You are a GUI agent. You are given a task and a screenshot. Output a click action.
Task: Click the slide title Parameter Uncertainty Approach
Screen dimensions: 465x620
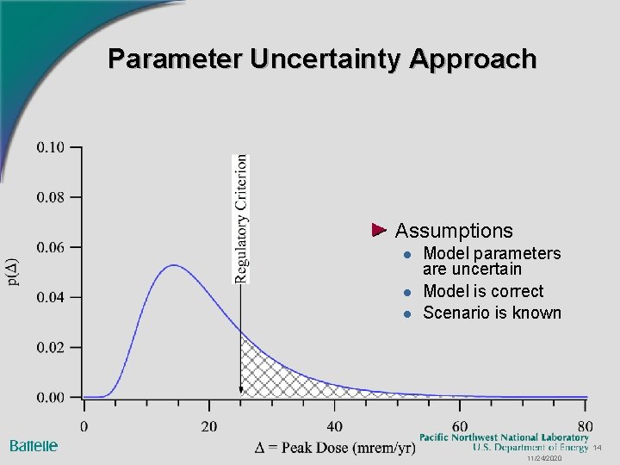click(322, 59)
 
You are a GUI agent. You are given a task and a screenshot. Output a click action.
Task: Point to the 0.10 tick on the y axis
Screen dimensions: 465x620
click(50, 147)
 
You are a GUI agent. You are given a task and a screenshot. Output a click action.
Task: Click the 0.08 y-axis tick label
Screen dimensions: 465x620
click(50, 197)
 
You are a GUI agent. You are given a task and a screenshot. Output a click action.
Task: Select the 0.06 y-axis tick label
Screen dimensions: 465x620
click(50, 247)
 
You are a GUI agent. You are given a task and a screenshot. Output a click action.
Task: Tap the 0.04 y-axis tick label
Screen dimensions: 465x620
click(50, 297)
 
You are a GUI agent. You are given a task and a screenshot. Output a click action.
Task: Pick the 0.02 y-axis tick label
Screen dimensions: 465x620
click(50, 347)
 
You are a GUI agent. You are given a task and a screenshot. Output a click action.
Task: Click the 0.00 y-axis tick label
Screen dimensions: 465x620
click(50, 397)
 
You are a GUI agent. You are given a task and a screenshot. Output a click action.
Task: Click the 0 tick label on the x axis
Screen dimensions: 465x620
click(84, 426)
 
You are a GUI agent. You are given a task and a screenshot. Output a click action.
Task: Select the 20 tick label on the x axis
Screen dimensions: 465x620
click(208, 426)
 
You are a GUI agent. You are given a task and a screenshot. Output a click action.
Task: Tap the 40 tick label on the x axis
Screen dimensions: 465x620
click(334, 426)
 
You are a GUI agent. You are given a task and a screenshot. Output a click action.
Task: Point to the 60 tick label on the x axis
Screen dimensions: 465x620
click(460, 426)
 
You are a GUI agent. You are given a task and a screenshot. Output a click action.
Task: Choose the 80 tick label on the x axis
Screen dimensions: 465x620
click(585, 426)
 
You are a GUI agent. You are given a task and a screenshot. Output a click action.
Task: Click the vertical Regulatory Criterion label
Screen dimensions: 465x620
click(242, 218)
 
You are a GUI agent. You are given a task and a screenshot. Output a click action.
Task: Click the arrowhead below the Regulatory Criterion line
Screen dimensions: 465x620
click(241, 393)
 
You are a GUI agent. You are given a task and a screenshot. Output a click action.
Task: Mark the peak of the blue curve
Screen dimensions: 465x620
click(174, 265)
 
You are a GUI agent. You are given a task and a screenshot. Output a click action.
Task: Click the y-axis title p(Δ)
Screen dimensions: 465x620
click(12, 272)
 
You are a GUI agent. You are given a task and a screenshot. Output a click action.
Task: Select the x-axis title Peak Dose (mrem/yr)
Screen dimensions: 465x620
click(335, 447)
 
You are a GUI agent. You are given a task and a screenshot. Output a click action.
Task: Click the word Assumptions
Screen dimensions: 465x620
click(453, 231)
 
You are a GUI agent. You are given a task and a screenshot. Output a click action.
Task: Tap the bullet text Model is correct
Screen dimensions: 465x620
click(483, 291)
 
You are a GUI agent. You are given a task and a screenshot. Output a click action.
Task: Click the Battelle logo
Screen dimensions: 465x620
click(34, 445)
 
